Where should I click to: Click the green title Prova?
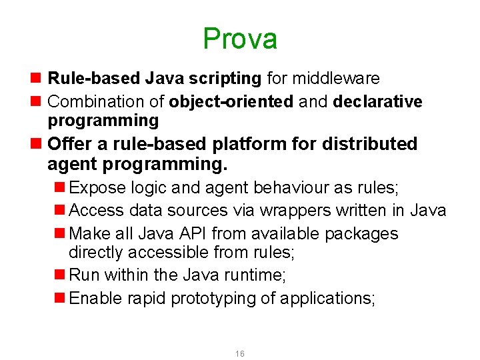click(240, 39)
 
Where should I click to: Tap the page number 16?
click(240, 353)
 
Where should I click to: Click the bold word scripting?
click(228, 79)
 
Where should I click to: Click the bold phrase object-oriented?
click(231, 102)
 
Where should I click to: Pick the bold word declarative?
click(377, 102)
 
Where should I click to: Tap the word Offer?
click(69, 144)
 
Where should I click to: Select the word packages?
click(361, 234)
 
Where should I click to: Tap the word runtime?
click(260, 275)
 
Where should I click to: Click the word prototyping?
click(213, 298)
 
